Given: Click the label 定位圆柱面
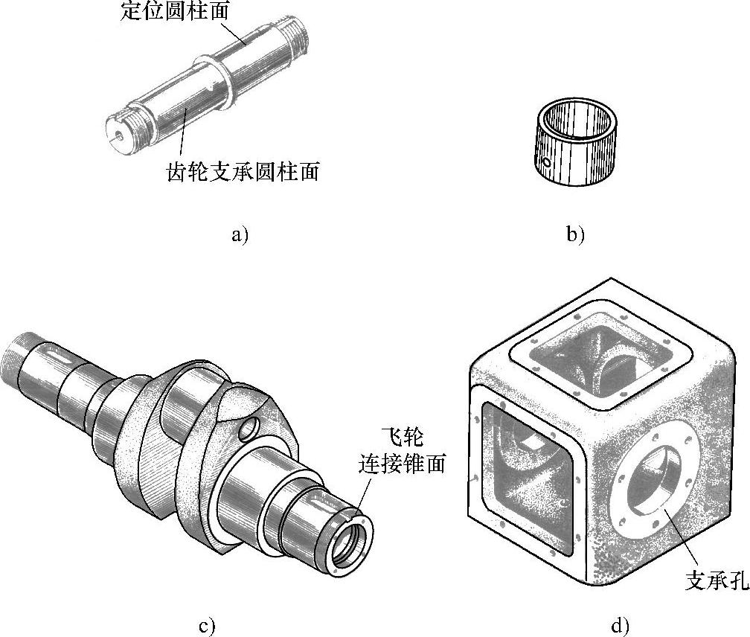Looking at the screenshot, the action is point(175,10).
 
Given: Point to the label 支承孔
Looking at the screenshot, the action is point(717,580).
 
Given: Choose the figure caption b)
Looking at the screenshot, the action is point(575,234).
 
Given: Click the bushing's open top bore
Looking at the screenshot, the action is point(577,119).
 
